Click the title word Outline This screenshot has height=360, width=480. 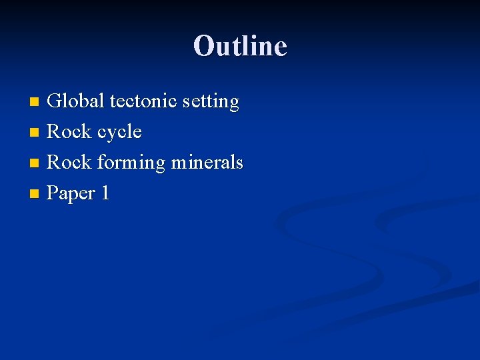click(x=240, y=45)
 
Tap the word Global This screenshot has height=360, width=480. click(x=76, y=101)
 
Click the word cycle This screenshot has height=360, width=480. click(x=119, y=132)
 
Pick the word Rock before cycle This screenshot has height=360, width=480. click(x=69, y=132)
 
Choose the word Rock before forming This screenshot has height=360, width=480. click(x=69, y=163)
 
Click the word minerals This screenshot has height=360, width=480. click(x=207, y=163)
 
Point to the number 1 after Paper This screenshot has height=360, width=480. click(x=104, y=193)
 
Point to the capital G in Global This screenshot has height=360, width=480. click(x=56, y=101)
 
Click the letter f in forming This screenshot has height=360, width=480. click(x=101, y=162)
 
